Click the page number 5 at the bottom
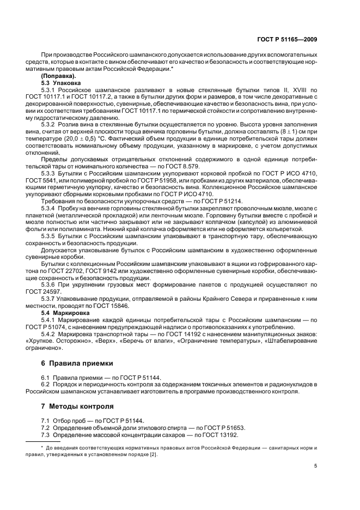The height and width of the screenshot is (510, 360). [315, 465]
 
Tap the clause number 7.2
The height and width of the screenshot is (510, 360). [46, 428]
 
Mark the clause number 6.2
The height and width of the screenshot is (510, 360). [46, 384]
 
